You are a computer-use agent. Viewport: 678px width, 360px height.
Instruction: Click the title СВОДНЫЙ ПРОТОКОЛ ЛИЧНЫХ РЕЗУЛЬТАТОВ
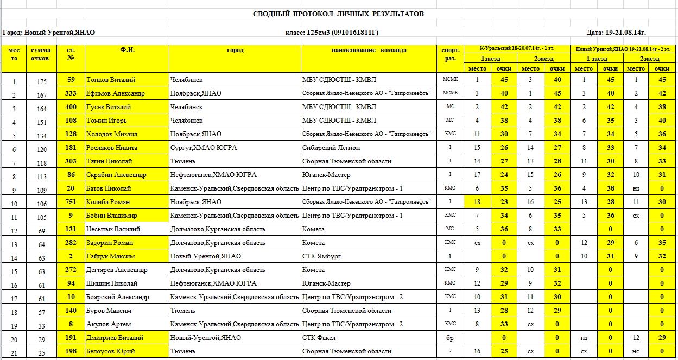[x=338, y=14]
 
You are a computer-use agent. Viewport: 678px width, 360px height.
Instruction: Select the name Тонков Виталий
[x=111, y=80]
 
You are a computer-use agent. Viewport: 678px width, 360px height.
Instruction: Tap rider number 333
[x=71, y=93]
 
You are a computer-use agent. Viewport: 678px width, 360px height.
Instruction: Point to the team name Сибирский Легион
[x=331, y=148]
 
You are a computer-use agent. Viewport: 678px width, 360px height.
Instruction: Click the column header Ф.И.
[x=127, y=50]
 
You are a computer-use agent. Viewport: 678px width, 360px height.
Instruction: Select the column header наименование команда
[x=369, y=50]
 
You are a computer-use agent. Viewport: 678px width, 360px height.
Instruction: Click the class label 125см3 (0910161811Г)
[x=332, y=33]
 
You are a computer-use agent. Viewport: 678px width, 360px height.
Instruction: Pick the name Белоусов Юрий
[x=111, y=351]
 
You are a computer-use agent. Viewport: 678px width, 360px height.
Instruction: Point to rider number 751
[x=71, y=202]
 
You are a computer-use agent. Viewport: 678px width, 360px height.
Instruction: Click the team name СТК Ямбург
[x=321, y=256]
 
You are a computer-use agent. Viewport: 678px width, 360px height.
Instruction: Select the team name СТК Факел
[x=319, y=338]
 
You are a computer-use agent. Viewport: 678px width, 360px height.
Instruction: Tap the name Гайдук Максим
[x=110, y=256]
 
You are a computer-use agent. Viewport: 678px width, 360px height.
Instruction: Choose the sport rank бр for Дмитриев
[x=451, y=338]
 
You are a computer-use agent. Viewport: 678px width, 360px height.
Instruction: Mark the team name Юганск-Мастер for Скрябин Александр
[x=326, y=175]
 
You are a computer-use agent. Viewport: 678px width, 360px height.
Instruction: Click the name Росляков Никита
[x=112, y=148]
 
